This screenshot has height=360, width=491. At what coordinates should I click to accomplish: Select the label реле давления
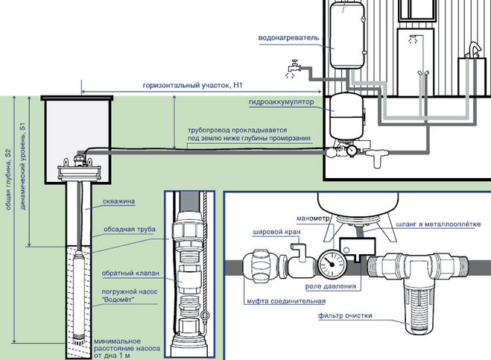[329, 285]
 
